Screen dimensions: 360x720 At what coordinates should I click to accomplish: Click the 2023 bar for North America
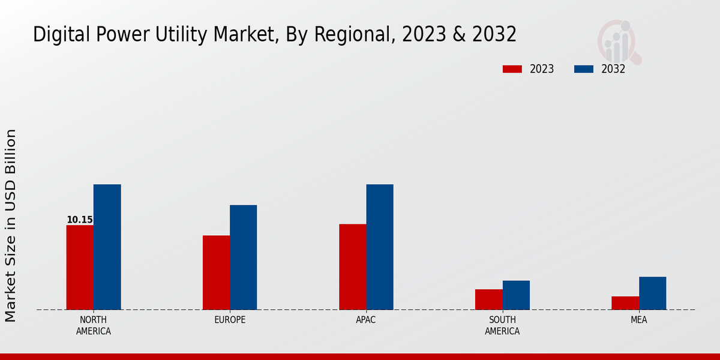point(80,268)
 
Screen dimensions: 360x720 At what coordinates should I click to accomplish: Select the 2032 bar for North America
point(107,247)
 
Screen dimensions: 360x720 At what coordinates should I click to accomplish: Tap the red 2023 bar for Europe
point(216,272)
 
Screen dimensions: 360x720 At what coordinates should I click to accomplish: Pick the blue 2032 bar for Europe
point(243,257)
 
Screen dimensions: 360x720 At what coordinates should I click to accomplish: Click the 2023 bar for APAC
point(352,267)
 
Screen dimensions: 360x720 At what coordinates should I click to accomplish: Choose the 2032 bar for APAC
point(380,247)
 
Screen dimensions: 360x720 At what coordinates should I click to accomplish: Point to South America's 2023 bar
point(488,299)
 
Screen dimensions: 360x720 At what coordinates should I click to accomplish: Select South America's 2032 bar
point(516,295)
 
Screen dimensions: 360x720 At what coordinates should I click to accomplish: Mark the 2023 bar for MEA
point(625,303)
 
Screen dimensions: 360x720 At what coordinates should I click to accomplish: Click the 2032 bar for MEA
point(652,293)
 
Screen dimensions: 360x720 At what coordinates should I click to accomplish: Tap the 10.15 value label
point(80,220)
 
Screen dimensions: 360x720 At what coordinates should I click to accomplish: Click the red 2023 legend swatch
point(512,69)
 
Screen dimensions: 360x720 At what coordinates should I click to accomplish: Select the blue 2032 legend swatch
point(583,69)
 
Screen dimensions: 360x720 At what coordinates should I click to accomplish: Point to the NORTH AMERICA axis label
point(94,325)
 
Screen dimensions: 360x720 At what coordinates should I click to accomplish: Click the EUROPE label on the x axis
point(230,320)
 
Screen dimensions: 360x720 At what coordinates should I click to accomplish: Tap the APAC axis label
point(366,320)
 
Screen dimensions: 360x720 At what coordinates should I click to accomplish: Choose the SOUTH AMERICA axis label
point(502,325)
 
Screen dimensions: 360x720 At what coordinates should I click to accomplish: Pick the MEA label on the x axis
point(638,320)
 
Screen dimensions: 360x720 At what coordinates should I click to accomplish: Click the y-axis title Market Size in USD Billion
point(11,225)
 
